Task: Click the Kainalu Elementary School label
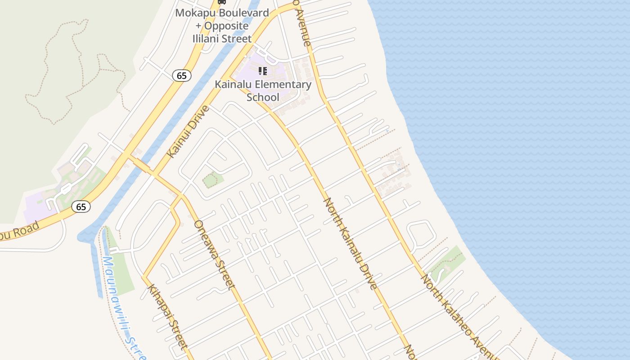(263, 90)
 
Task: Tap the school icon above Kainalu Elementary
(263, 71)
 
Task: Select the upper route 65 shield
(182, 76)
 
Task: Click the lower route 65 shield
(81, 207)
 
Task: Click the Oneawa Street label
(214, 254)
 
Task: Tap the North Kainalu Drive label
(351, 243)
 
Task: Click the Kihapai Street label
(167, 317)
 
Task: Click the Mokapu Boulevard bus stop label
(221, 26)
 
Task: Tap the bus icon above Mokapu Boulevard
(221, 2)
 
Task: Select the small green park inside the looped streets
(212, 180)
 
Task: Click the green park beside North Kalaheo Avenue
(445, 263)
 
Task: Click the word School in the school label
(263, 97)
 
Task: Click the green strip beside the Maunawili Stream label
(121, 270)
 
